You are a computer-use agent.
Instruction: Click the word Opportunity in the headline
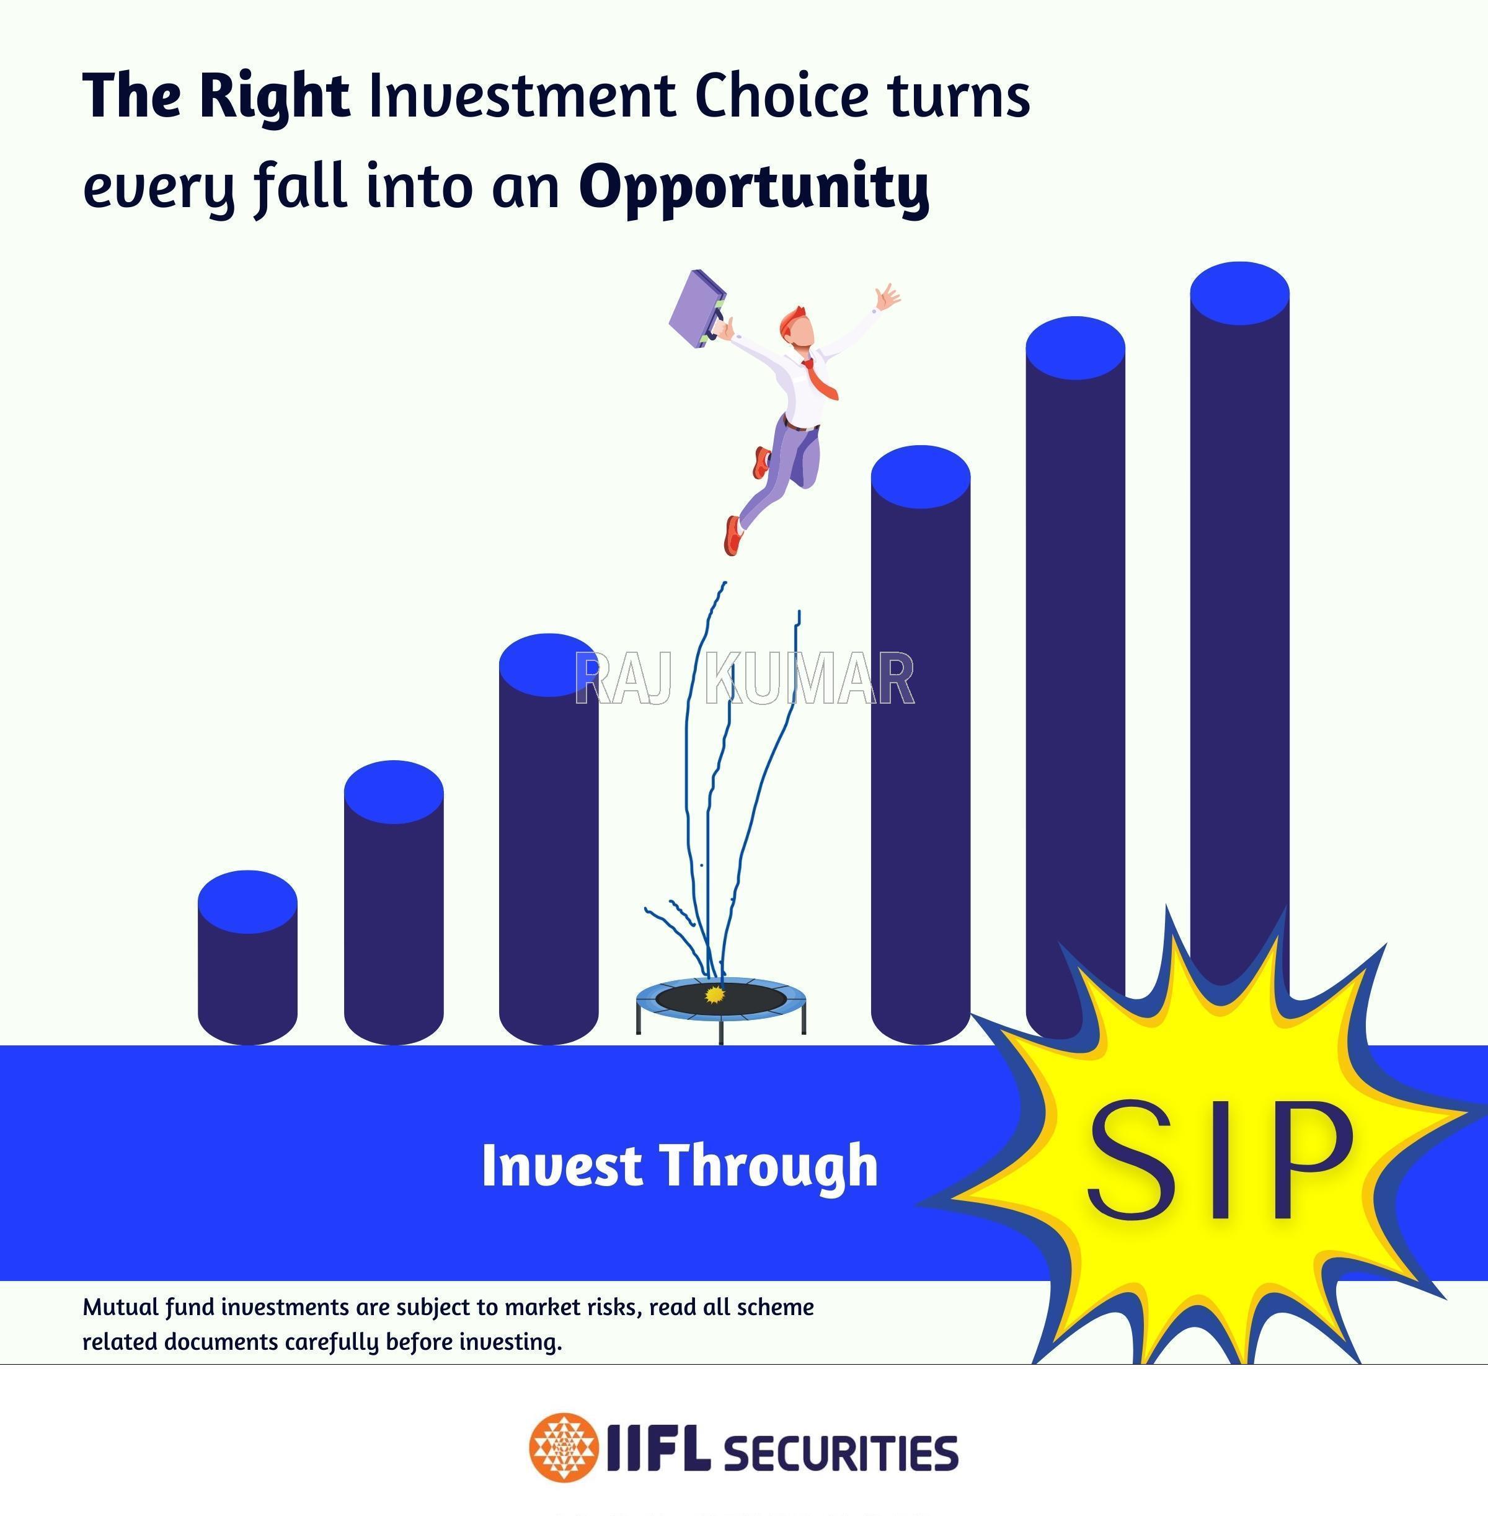point(754,187)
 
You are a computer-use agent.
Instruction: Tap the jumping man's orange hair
point(791,319)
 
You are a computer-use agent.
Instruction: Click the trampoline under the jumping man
point(720,1008)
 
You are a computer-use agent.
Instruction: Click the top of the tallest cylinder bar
point(1239,293)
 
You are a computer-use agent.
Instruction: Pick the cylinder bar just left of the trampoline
point(549,838)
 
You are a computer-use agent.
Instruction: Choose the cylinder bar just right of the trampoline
point(921,745)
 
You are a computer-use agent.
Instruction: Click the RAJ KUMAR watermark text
point(744,678)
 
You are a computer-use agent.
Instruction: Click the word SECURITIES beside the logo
point(841,1453)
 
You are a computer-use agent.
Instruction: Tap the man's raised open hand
point(888,297)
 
